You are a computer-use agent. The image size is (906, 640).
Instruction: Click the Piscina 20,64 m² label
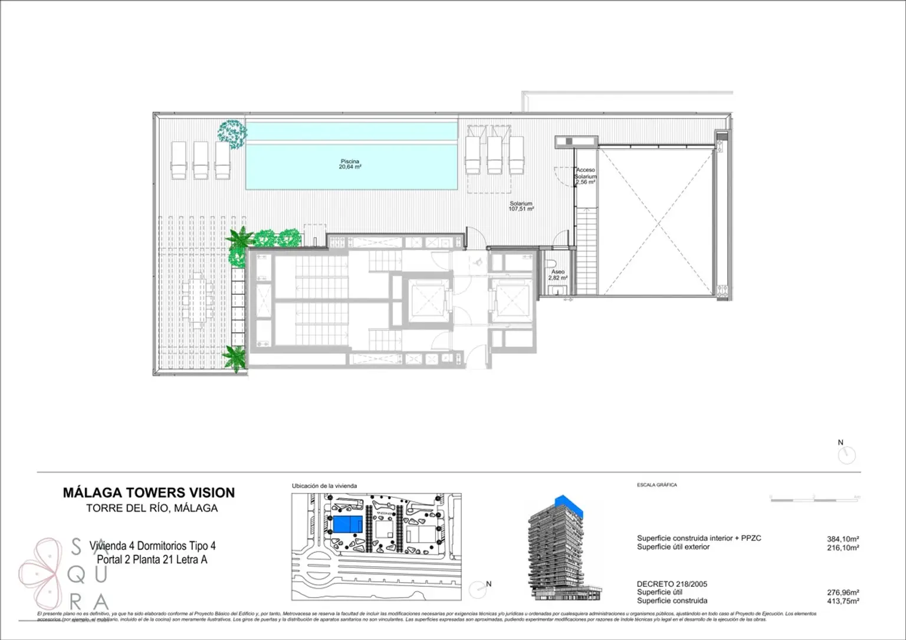click(350, 164)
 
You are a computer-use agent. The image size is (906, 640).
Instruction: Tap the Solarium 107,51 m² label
click(521, 206)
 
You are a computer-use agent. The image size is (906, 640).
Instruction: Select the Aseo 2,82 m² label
click(557, 275)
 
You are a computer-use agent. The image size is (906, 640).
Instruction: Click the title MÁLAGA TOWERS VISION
click(149, 493)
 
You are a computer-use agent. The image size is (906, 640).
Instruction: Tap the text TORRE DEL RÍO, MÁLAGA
click(152, 508)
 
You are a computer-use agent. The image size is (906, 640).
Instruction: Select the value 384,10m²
click(842, 539)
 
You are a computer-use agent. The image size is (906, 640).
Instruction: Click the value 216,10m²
click(842, 547)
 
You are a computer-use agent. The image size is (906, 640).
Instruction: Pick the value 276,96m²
click(842, 593)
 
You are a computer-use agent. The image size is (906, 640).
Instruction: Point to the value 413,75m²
click(842, 601)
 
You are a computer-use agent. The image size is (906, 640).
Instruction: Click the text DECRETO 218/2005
click(672, 584)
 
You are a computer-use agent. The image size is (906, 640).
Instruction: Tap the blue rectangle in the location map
click(347, 524)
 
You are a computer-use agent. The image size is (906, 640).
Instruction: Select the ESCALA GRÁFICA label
click(656, 485)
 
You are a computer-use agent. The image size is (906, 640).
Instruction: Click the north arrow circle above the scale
click(846, 455)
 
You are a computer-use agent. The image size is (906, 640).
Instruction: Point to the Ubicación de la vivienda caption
click(324, 486)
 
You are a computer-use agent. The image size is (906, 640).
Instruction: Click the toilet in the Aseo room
click(552, 262)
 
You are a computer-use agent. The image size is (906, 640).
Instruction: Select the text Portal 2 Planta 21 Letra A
click(152, 560)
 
